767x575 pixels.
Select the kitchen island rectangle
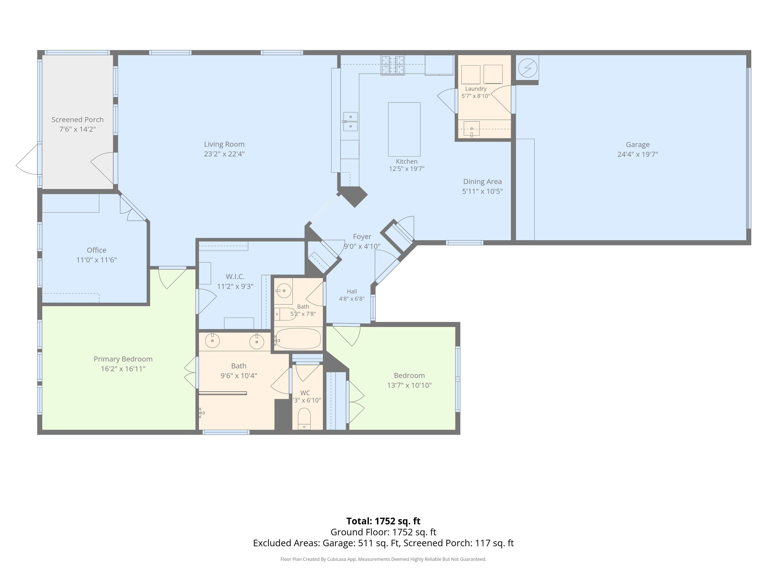coord(404,129)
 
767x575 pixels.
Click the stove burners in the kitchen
coord(393,65)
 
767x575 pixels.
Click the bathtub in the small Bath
coord(298,338)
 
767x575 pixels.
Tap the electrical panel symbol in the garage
coord(527,68)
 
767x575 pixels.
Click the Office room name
coord(96,250)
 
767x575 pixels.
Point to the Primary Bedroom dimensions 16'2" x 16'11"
coord(123,369)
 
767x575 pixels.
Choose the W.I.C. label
coord(235,277)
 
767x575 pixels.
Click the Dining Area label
coord(482,182)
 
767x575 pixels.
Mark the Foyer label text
coord(362,237)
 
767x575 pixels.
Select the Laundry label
coord(476,89)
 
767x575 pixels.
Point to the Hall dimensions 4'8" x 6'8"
coord(352,299)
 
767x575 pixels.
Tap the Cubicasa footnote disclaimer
coord(383,559)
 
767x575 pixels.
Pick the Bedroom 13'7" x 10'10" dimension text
coord(409,385)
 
